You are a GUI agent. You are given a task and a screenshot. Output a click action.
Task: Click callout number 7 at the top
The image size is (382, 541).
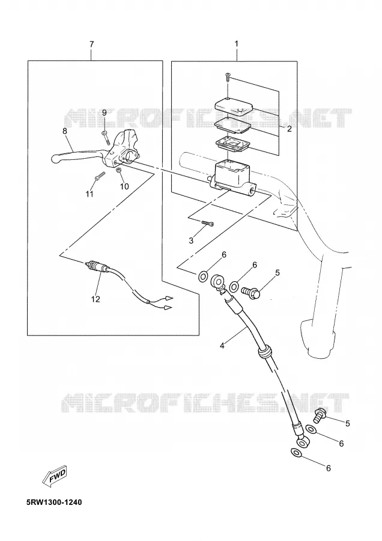tap(91, 44)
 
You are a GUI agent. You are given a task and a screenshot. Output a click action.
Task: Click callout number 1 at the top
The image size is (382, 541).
tap(237, 44)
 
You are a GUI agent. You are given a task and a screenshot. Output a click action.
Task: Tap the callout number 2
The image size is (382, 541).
tap(290, 129)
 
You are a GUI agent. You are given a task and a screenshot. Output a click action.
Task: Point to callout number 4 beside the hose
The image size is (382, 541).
tap(222, 345)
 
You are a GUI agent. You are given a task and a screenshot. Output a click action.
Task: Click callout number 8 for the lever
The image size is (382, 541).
tap(64, 131)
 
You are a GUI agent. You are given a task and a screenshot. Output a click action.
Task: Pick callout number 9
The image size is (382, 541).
tap(104, 112)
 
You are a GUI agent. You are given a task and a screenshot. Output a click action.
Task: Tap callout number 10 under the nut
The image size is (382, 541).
tap(124, 186)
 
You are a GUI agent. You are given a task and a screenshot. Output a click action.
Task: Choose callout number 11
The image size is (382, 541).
tap(89, 194)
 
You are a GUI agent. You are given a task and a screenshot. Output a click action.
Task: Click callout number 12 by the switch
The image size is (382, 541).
tap(95, 299)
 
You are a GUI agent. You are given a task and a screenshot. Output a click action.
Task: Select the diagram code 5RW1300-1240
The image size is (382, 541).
tap(54, 502)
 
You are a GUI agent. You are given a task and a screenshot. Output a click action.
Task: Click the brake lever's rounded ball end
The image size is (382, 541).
tap(55, 159)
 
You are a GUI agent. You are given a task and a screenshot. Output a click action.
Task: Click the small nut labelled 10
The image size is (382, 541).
tap(118, 170)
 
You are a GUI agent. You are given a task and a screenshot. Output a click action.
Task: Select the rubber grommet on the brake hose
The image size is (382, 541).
tap(264, 352)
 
